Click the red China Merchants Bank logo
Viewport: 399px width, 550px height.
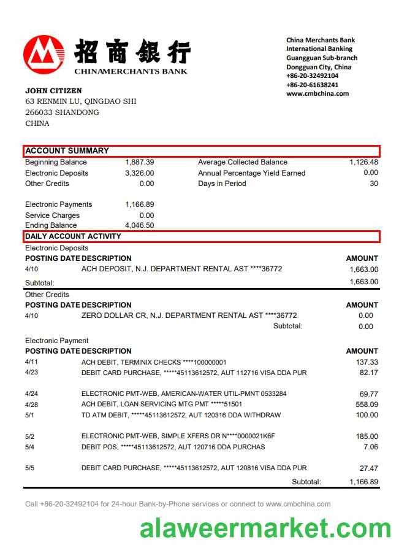pyautogui.click(x=44, y=53)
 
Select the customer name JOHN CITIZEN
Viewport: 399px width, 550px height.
pyautogui.click(x=53, y=91)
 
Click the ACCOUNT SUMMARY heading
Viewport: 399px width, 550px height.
pyautogui.click(x=67, y=151)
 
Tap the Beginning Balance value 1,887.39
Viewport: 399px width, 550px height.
pyautogui.click(x=139, y=163)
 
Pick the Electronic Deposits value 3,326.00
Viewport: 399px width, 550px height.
pyautogui.click(x=139, y=173)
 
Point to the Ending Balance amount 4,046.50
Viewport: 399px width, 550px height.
pyautogui.click(x=139, y=226)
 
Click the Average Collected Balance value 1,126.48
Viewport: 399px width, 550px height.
pyautogui.click(x=363, y=163)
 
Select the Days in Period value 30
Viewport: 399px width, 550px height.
pyautogui.click(x=374, y=184)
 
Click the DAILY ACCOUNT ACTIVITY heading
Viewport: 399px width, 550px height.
pyautogui.click(x=73, y=237)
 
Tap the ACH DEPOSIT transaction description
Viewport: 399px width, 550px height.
pyautogui.click(x=181, y=269)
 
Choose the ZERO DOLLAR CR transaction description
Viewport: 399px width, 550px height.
pyautogui.click(x=189, y=316)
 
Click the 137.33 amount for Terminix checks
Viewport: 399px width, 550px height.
pyautogui.click(x=367, y=363)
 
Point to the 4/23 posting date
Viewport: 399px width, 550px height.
pyautogui.click(x=32, y=373)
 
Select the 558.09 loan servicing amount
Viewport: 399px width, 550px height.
pyautogui.click(x=367, y=405)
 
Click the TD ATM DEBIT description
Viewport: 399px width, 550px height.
pyautogui.click(x=181, y=416)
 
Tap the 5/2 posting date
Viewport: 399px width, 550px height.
pyautogui.click(x=30, y=436)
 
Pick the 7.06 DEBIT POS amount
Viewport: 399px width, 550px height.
pyautogui.click(x=371, y=447)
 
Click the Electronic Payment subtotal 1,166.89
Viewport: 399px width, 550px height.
pyautogui.click(x=363, y=482)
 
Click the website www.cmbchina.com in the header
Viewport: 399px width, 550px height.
pyautogui.click(x=317, y=94)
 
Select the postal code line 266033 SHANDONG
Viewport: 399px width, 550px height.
pyautogui.click(x=62, y=113)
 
